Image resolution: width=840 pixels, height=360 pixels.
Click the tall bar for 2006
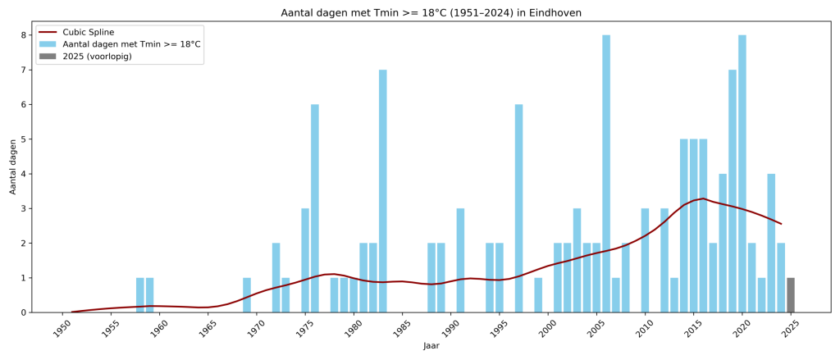(606, 174)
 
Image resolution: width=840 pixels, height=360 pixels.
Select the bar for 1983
(382, 191)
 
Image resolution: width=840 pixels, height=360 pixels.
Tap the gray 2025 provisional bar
(791, 294)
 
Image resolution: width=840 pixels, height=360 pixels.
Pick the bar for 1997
(518, 208)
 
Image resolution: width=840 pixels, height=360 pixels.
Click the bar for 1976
(315, 208)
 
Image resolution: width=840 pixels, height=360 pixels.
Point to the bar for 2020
(742, 174)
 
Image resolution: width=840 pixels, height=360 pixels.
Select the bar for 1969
(247, 294)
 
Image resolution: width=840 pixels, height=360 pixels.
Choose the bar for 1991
(460, 260)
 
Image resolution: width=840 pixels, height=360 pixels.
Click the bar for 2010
(645, 260)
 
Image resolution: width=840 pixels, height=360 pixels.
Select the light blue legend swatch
(48, 44)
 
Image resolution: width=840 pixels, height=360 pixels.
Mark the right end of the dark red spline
(781, 224)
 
